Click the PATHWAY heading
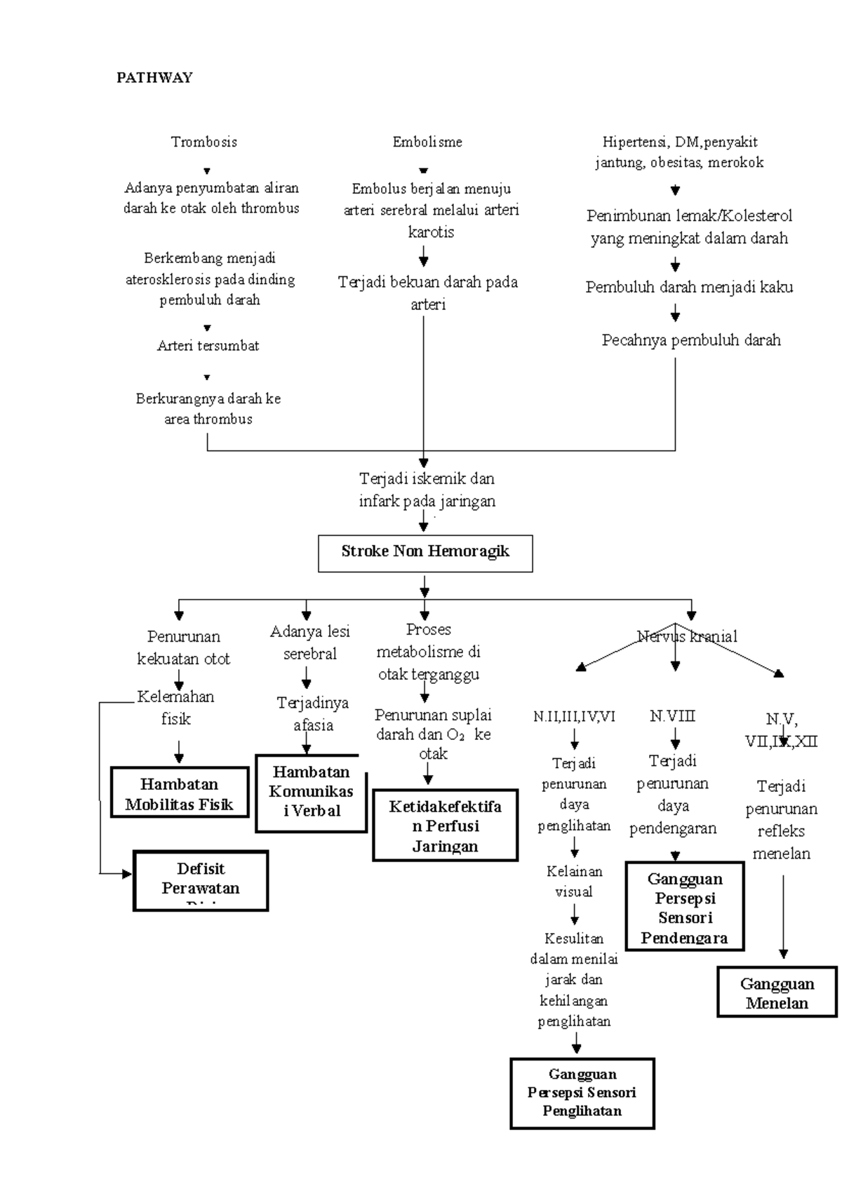[154, 78]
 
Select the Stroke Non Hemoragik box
[425, 553]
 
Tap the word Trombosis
[204, 142]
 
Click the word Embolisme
[427, 142]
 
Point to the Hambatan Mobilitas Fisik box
[180, 793]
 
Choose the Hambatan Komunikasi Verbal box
[311, 793]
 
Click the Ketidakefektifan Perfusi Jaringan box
[445, 826]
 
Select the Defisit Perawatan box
[201, 880]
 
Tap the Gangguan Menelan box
[777, 992]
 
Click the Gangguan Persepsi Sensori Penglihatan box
[582, 1092]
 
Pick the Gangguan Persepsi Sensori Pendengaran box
[684, 908]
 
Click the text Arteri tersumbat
[208, 346]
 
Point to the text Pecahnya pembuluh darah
[691, 341]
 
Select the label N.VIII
[672, 716]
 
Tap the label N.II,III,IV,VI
[574, 716]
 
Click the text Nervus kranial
[687, 637]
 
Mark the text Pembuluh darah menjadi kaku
[689, 288]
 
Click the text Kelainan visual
[574, 882]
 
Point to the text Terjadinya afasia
[313, 714]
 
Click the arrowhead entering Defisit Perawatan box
[127, 874]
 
